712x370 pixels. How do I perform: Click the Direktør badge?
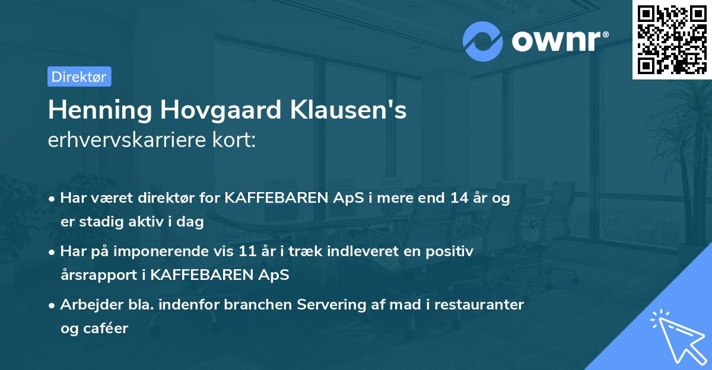click(x=79, y=76)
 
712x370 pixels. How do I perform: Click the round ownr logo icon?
click(x=483, y=42)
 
